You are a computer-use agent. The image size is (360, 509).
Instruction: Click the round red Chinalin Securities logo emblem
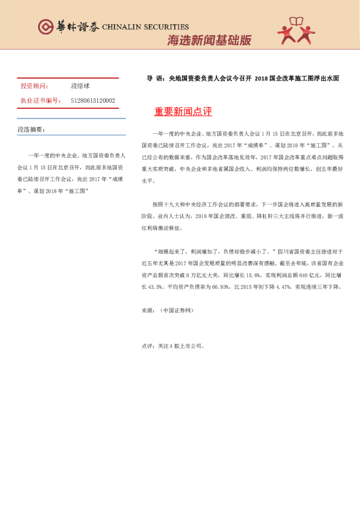[46, 27]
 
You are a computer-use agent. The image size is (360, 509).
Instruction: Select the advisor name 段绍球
[80, 87]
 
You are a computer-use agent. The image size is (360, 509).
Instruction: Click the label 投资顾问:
[35, 87]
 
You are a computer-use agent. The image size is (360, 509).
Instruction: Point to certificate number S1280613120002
[94, 100]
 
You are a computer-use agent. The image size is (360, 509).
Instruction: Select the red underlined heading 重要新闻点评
[183, 112]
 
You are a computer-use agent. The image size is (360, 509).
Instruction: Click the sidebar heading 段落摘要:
[31, 130]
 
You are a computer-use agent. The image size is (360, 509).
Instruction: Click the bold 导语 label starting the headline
[155, 79]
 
